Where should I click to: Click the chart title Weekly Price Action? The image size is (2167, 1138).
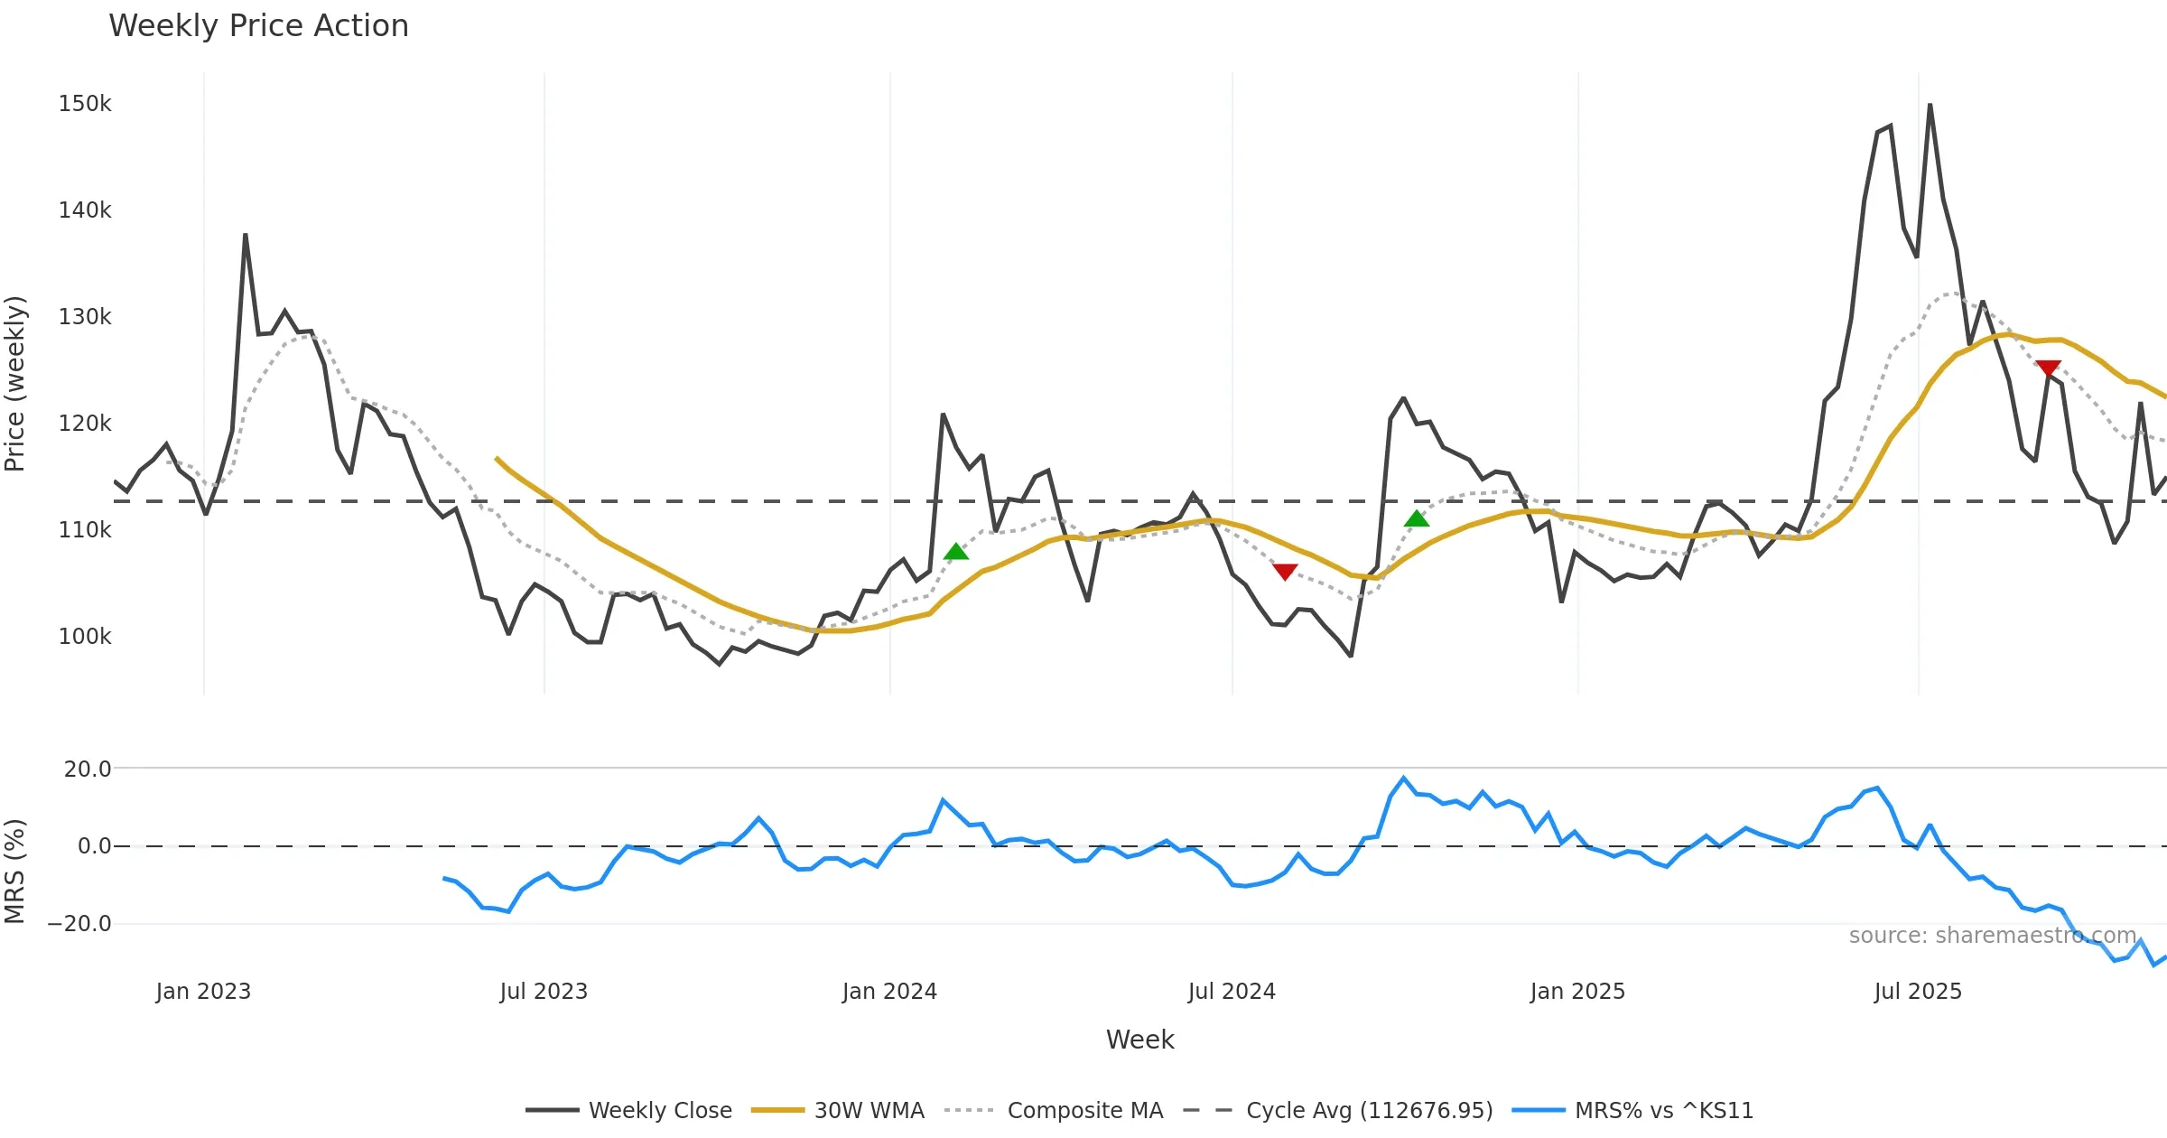pyautogui.click(x=258, y=26)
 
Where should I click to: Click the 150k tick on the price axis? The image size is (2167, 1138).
pyautogui.click(x=85, y=104)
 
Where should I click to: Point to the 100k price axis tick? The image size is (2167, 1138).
pyautogui.click(x=85, y=637)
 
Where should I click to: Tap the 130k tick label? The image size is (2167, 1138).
pyautogui.click(x=85, y=317)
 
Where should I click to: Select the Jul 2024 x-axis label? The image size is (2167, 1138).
pyautogui.click(x=1232, y=992)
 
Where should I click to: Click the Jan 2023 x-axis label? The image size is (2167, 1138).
pyautogui.click(x=203, y=992)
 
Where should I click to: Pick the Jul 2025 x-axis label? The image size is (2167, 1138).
pyautogui.click(x=1918, y=992)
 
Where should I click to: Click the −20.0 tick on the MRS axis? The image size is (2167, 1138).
pyautogui.click(x=79, y=924)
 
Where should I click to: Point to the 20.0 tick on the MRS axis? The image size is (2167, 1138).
pyautogui.click(x=88, y=770)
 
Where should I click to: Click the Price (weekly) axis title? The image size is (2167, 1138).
pyautogui.click(x=15, y=384)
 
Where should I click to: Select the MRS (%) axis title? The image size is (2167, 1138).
pyautogui.click(x=15, y=872)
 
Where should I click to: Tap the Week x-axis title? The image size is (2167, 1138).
pyautogui.click(x=1139, y=1040)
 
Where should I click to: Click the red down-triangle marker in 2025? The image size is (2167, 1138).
pyautogui.click(x=2048, y=368)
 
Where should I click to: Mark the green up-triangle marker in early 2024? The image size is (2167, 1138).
pyautogui.click(x=955, y=552)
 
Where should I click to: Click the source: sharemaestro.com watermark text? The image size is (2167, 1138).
pyautogui.click(x=1993, y=936)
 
